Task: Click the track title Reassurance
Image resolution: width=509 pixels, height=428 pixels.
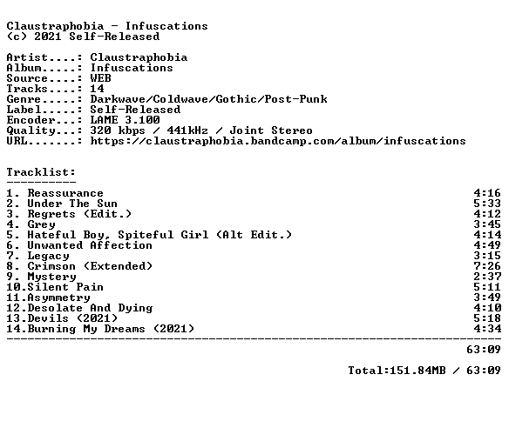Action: [x=65, y=193]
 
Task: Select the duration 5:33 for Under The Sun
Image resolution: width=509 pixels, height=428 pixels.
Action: [x=487, y=204]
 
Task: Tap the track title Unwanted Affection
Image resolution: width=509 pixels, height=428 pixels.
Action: [x=90, y=245]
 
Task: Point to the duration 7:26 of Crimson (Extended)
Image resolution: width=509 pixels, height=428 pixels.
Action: [x=487, y=266]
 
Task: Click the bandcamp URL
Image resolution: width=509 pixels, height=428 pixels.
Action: [x=278, y=141]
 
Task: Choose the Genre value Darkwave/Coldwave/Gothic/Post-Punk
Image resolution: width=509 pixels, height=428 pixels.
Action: [x=208, y=99]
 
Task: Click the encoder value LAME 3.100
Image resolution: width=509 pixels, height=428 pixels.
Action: [x=125, y=120]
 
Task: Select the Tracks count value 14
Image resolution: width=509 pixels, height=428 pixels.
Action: [x=97, y=89]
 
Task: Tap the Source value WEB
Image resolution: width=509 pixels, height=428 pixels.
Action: [x=100, y=78]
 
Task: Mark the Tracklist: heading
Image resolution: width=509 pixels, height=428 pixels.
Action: [x=41, y=172]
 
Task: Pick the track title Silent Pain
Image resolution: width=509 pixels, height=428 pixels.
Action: [x=65, y=287]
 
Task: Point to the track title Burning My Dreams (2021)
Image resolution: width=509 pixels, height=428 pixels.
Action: [x=111, y=329]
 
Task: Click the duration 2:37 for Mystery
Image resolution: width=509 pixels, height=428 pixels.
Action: [x=487, y=277]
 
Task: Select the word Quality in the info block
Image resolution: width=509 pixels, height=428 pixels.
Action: [x=31, y=130]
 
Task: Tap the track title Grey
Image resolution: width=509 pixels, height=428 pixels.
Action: [x=41, y=224]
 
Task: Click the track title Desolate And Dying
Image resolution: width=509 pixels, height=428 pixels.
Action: [x=90, y=308]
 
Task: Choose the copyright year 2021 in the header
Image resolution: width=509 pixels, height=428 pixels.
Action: [x=48, y=37]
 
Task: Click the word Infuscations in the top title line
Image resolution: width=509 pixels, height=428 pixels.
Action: [x=166, y=26]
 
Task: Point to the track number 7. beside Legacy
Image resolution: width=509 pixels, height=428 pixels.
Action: [x=13, y=256]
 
